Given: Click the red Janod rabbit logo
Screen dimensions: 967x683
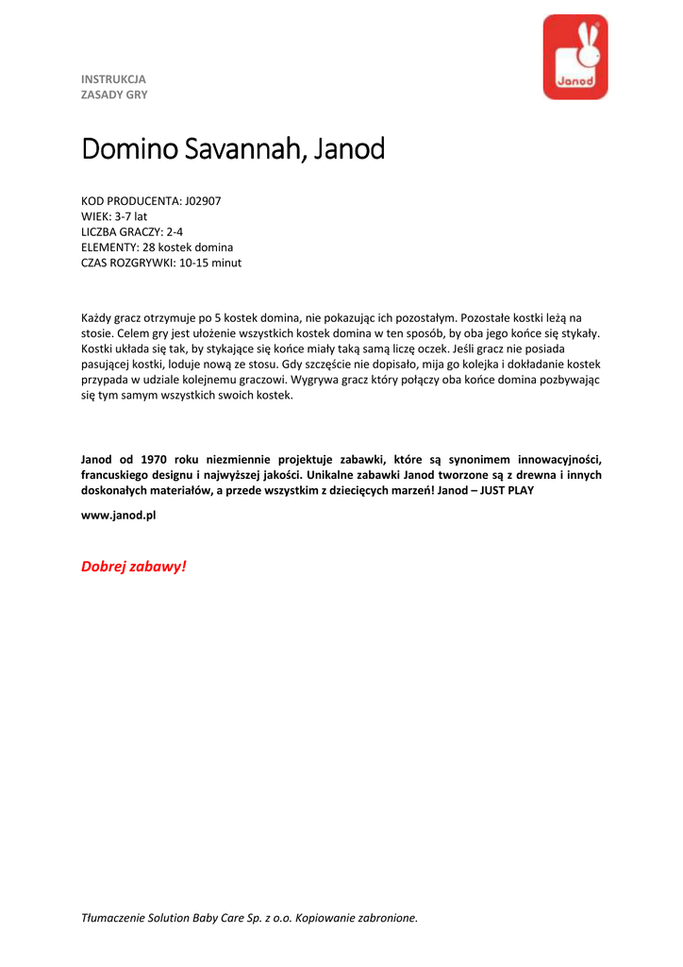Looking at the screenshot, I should click(575, 57).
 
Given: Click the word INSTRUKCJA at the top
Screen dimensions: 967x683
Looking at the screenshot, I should click(113, 79).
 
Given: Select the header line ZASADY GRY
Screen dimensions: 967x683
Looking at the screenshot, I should click(114, 94).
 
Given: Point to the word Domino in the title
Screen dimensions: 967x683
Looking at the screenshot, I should click(125, 149).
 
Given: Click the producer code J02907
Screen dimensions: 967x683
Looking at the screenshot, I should click(203, 201).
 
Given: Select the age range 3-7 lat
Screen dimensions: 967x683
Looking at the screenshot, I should click(131, 216).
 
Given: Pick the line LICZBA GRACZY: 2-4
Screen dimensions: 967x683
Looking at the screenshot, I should click(132, 231).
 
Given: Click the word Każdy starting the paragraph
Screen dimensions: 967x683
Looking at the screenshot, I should click(96, 318).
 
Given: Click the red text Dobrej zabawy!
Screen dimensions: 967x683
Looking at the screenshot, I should click(134, 567).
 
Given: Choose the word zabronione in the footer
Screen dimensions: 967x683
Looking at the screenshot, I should click(387, 917).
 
